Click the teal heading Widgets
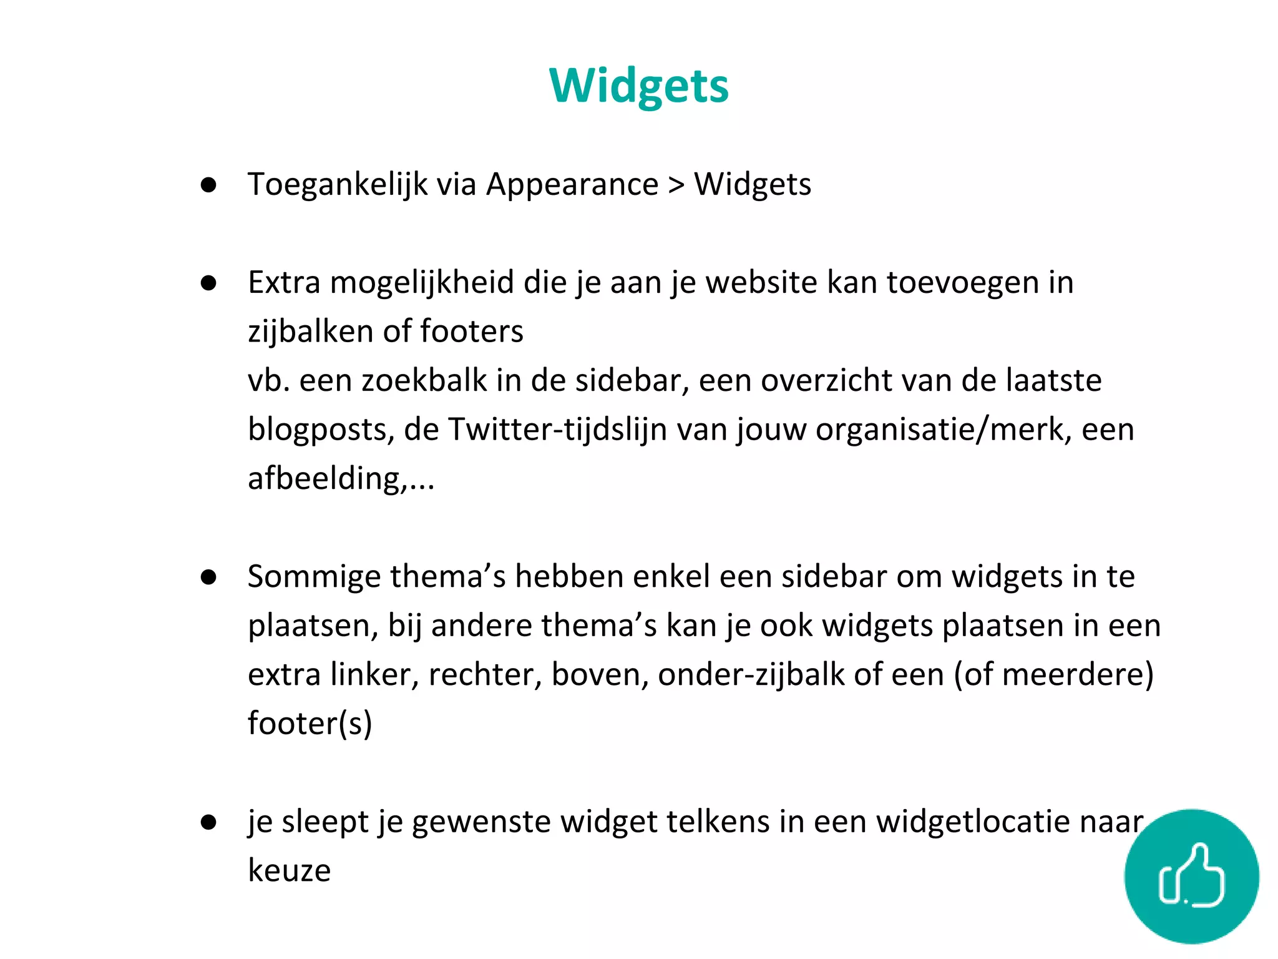[638, 86]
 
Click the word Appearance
[572, 185]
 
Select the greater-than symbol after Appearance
[676, 185]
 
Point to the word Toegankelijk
[338, 185]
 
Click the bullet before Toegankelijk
[208, 185]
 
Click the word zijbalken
[310, 332]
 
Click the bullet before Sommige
[208, 578]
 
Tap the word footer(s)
[310, 724]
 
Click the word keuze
[289, 870]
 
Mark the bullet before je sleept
[208, 823]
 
